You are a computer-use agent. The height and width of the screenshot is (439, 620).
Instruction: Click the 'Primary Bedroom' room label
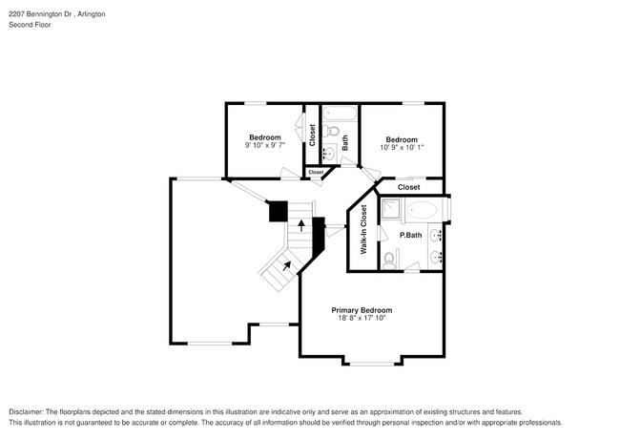coord(362,310)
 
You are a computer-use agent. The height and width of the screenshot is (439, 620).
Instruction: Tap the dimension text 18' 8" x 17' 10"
coord(362,320)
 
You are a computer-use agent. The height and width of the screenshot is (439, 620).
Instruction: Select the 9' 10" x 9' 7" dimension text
coord(265,146)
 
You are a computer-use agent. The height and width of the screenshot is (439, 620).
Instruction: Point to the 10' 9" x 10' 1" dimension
coord(401,147)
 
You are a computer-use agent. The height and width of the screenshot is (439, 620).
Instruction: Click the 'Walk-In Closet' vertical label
coord(363,229)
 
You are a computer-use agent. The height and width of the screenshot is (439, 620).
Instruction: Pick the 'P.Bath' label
coord(410,235)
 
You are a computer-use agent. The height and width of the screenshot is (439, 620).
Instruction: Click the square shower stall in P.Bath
coord(391,211)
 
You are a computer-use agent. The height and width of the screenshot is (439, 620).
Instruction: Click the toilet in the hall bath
coord(330,132)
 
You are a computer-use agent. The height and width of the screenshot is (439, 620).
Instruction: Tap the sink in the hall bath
coord(328,153)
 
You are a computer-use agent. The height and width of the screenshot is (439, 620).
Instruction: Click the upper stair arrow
coord(302,225)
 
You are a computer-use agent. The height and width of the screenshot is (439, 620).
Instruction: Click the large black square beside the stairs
coord(278,211)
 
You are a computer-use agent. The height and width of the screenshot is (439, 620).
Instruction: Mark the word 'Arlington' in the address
coord(92,15)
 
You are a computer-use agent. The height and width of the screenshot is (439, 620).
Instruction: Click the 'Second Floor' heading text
coord(30,27)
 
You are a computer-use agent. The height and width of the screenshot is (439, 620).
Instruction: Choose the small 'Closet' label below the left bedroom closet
coord(315,173)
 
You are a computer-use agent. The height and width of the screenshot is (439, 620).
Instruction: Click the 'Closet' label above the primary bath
coord(408,187)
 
